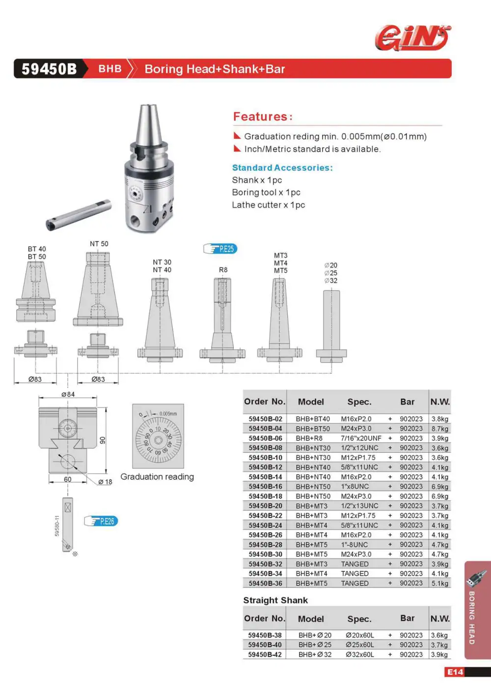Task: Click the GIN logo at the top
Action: [412, 38]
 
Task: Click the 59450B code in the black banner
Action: [49, 69]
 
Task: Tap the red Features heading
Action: [263, 117]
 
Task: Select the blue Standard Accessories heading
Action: [282, 168]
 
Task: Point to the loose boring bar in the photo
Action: [79, 214]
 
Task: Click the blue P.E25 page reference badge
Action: [220, 249]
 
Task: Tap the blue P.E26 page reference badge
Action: [101, 521]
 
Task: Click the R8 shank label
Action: [223, 270]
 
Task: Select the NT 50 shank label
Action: [99, 244]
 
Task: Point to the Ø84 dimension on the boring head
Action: [68, 394]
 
